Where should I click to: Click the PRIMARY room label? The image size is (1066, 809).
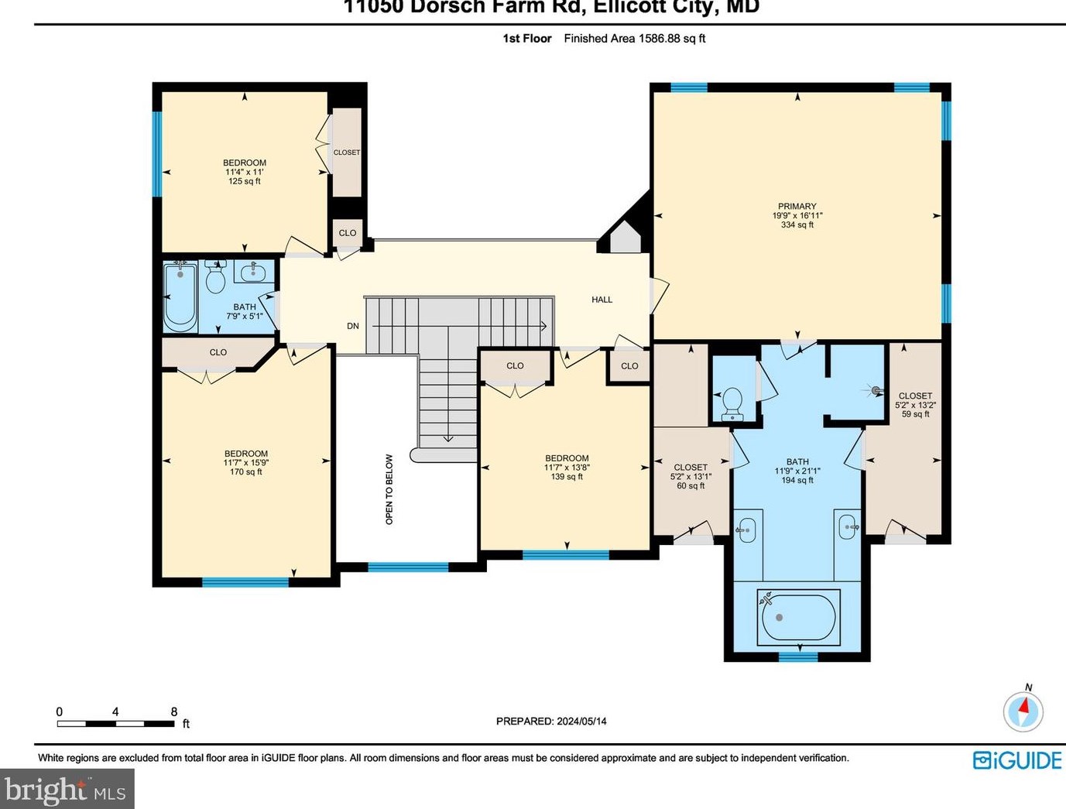point(797,207)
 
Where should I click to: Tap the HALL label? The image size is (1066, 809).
point(602,300)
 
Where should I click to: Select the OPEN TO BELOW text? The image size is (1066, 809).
point(389,489)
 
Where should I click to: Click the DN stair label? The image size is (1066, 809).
point(353,326)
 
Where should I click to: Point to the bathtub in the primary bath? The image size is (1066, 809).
point(798,618)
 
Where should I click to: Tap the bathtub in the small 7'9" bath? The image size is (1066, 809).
point(180,298)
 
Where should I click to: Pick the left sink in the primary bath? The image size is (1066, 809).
point(747,530)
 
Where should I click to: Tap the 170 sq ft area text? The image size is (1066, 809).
point(246,471)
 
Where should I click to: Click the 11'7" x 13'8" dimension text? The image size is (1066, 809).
point(567,468)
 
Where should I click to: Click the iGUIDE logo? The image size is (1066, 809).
point(1016,760)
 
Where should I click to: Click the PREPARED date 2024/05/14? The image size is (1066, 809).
point(581,721)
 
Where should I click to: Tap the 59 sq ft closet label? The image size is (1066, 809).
point(915,414)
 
